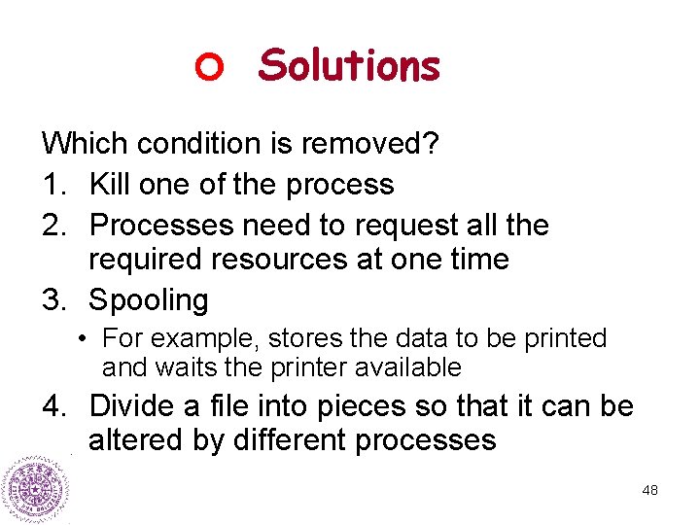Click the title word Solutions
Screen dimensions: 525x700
point(349,66)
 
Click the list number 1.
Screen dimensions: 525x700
point(51,184)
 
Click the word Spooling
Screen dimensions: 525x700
point(149,301)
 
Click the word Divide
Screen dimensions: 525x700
point(135,405)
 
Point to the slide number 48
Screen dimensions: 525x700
point(649,490)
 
